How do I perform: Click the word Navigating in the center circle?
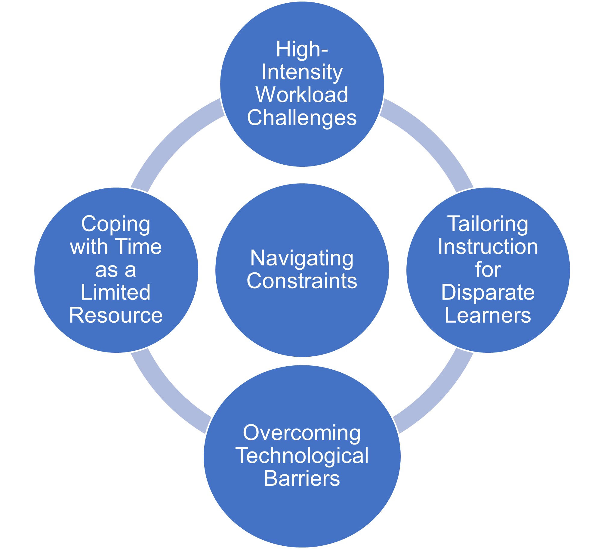(x=302, y=259)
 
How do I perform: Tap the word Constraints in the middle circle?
(x=302, y=281)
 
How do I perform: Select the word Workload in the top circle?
(x=302, y=95)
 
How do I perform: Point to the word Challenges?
(x=302, y=118)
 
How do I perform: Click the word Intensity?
(x=302, y=72)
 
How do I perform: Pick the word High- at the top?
(x=302, y=49)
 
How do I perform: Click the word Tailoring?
(x=488, y=224)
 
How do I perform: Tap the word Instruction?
(x=488, y=247)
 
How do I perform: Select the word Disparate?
(x=488, y=292)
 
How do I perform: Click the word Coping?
(x=116, y=224)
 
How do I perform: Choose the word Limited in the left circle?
(x=116, y=292)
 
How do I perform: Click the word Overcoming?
(x=302, y=433)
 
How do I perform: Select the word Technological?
(x=302, y=456)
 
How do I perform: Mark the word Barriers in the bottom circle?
(x=302, y=479)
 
